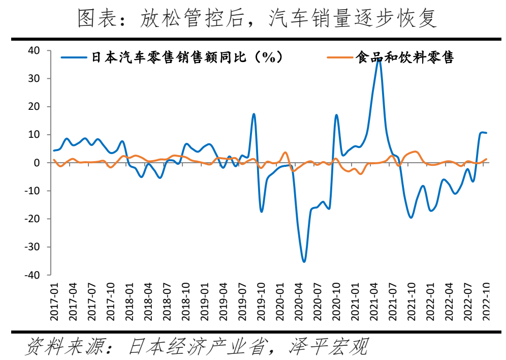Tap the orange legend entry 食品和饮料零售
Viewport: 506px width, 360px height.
coord(404,57)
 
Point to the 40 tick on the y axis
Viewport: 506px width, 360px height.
coord(34,50)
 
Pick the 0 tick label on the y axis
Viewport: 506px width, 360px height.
coord(37,163)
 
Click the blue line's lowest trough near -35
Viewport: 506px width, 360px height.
coord(304,261)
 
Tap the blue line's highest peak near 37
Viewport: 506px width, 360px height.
coord(378,58)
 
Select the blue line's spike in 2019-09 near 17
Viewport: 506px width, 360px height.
coord(254,114)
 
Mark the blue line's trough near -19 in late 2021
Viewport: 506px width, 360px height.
coord(411,217)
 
